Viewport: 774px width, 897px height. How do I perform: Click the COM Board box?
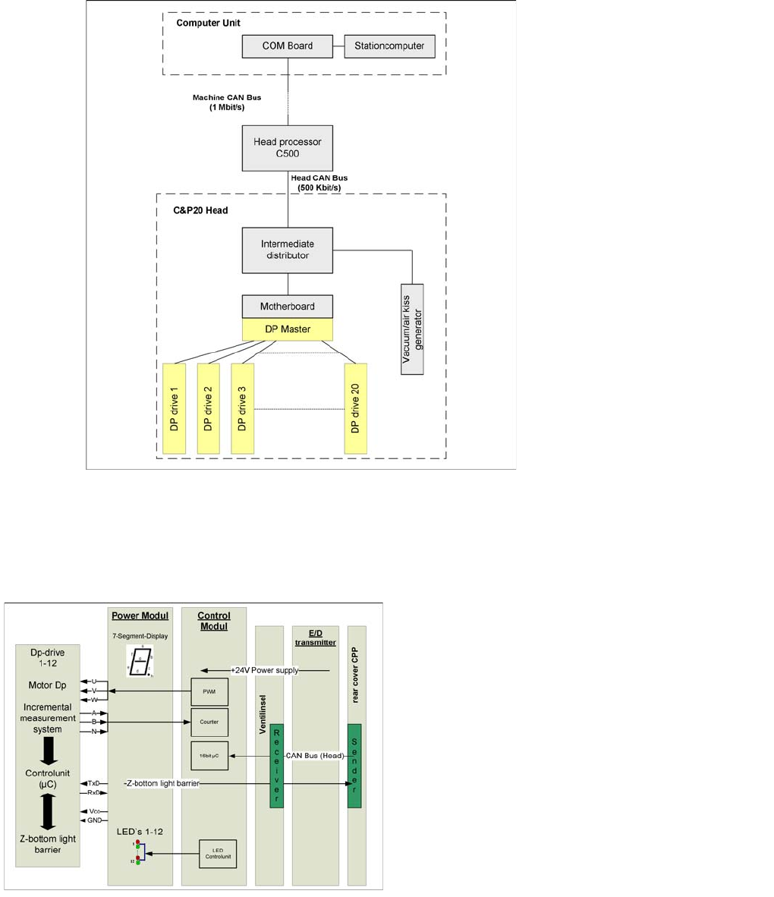point(288,46)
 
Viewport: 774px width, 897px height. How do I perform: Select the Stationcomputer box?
point(389,46)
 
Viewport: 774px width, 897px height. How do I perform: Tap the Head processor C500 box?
point(288,148)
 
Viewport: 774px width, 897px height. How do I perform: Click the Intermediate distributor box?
point(288,250)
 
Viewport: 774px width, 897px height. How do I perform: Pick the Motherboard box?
point(288,307)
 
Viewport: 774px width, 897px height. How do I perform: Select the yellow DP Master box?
point(288,329)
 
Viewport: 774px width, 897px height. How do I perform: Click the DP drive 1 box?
point(175,409)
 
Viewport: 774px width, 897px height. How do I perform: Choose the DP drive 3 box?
point(243,409)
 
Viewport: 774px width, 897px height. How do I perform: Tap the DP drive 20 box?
point(355,409)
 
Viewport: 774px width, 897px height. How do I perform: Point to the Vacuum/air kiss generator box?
point(412,329)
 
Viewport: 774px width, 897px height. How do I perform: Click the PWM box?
point(209,692)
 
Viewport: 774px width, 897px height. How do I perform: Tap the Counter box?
point(209,722)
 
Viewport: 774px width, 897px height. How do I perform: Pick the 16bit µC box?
point(209,756)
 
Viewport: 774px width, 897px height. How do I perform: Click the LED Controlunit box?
point(218,854)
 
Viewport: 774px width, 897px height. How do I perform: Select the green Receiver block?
point(277,766)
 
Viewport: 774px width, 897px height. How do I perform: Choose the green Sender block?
point(354,766)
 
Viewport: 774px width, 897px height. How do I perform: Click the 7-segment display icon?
point(140,662)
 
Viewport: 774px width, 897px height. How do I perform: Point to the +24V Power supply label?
point(265,670)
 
